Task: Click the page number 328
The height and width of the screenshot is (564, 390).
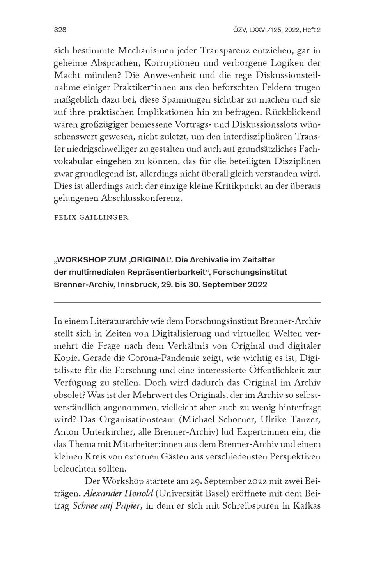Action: coord(60,30)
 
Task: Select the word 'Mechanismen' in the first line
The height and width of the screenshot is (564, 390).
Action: coord(144,51)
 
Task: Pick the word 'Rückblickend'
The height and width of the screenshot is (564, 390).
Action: coord(292,112)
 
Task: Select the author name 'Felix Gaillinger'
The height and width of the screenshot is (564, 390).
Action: coord(91,218)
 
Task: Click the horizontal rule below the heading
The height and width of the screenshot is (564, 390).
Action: coord(187,302)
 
